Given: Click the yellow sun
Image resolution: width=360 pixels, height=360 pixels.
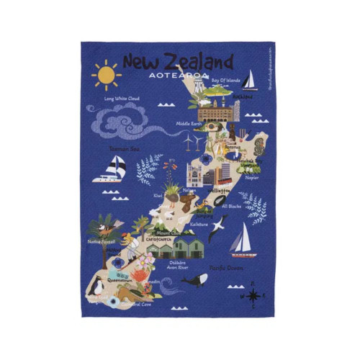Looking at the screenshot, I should pyautogui.click(x=106, y=73).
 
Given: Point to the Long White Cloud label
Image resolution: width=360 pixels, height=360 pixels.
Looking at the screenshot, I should pyautogui.click(x=122, y=98).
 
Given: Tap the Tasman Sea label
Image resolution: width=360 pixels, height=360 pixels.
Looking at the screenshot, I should pyautogui.click(x=123, y=149).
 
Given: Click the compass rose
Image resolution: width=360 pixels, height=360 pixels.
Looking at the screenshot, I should pyautogui.click(x=253, y=294).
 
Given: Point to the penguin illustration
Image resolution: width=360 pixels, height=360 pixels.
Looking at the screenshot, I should pyautogui.click(x=96, y=286).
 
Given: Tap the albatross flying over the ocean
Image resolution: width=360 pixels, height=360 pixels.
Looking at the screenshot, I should pyautogui.click(x=217, y=228).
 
